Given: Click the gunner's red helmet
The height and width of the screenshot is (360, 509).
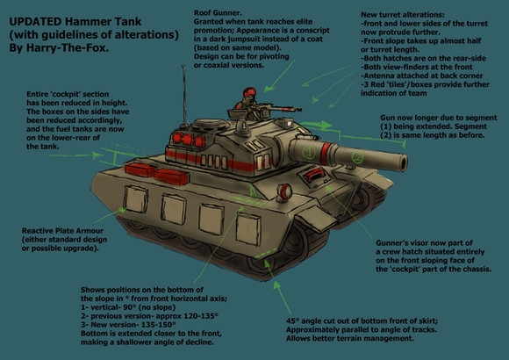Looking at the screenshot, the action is (x=248, y=92).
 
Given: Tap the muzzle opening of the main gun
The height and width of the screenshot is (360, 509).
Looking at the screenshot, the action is (x=403, y=162).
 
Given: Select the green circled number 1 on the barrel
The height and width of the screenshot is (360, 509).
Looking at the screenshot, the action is (x=309, y=152).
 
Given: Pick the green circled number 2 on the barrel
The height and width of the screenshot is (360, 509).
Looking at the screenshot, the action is (x=358, y=157).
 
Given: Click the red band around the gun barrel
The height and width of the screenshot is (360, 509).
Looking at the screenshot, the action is (x=325, y=153).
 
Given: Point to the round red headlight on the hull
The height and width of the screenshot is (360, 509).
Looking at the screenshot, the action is (x=285, y=191).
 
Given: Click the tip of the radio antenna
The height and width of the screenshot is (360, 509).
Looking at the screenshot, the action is (x=183, y=66).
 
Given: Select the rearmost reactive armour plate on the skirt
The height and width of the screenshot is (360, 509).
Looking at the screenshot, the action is (x=136, y=199).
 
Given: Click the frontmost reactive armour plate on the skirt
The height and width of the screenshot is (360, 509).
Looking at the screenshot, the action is (x=248, y=230).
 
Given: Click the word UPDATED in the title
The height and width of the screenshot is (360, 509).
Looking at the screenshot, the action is (x=35, y=22).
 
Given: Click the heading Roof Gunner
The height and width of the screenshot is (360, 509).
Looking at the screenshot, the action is (x=218, y=13).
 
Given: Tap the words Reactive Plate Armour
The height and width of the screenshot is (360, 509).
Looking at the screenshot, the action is (x=62, y=231).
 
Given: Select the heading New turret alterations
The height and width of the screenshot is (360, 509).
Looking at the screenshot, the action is (x=403, y=15).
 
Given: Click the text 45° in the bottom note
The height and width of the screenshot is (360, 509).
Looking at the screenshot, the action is (x=292, y=321).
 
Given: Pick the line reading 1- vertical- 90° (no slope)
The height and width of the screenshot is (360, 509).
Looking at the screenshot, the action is (x=128, y=307).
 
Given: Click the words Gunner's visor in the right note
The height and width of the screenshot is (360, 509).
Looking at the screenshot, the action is (x=403, y=243).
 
